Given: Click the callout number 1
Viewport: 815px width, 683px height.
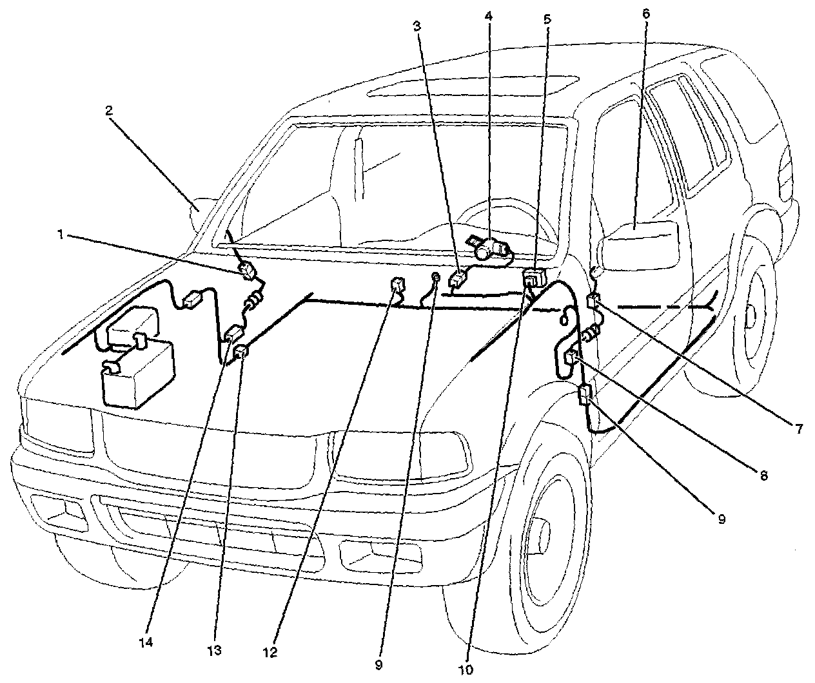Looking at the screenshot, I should click(59, 236).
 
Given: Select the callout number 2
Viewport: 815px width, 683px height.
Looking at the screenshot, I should click(109, 110).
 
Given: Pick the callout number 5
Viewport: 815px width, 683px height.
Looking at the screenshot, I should click(547, 19).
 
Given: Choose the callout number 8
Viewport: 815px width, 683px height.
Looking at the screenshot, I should click(763, 476).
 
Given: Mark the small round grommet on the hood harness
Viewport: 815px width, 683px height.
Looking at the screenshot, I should click(437, 278).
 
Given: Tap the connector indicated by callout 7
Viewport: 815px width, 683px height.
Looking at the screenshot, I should click(594, 300).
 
